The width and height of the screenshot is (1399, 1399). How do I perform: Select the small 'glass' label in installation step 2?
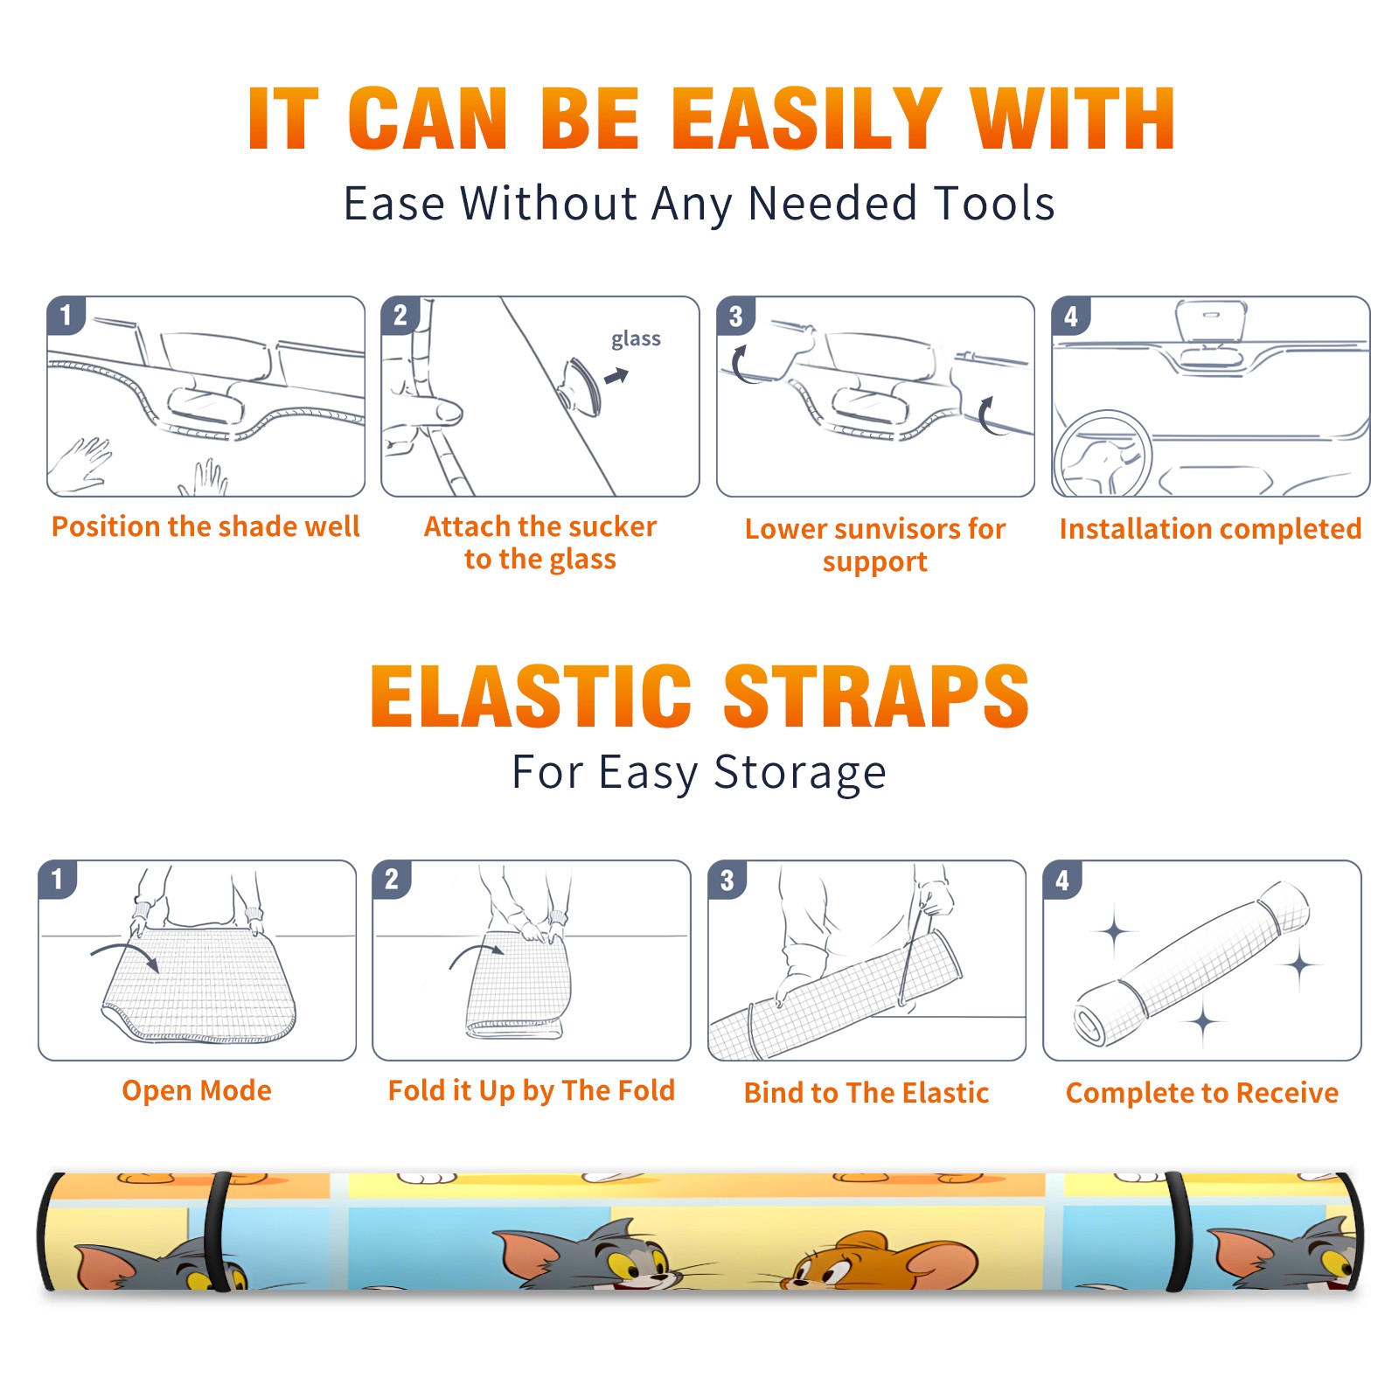pyautogui.click(x=636, y=339)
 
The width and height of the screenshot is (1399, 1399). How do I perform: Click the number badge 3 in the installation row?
pyautogui.click(x=735, y=316)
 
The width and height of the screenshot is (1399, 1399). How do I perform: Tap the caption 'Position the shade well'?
pyautogui.click(x=205, y=526)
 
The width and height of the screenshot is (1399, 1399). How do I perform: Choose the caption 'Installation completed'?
pyautogui.click(x=1210, y=528)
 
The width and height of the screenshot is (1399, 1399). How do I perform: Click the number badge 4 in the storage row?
pyautogui.click(x=1062, y=880)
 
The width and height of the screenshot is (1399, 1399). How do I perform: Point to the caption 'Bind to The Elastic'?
pyautogui.click(x=867, y=1092)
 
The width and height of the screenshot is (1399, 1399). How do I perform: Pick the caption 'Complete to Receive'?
pyautogui.click(x=1202, y=1092)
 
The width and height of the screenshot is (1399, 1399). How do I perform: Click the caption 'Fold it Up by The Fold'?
pyautogui.click(x=532, y=1091)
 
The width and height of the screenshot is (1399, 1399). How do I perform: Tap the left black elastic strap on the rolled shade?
pyautogui.click(x=216, y=1231)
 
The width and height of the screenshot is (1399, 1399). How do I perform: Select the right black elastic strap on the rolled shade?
pyautogui.click(x=1180, y=1231)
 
